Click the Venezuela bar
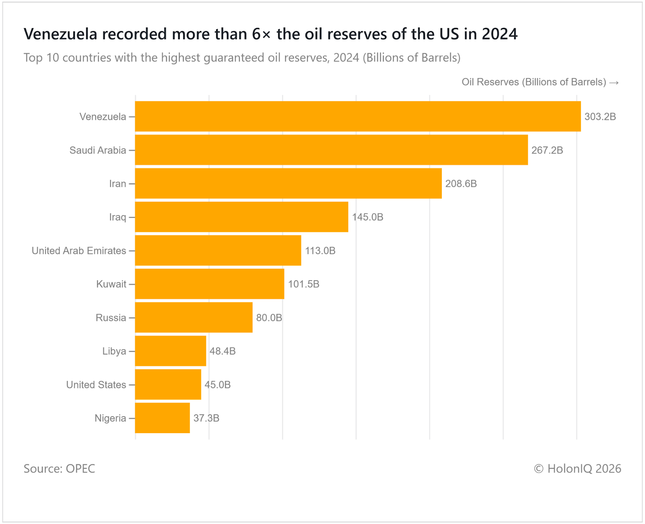tap(358, 116)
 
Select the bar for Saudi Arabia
tap(331, 150)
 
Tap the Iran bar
tap(288, 183)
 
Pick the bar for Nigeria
tap(162, 418)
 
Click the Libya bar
tap(171, 351)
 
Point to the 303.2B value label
tap(600, 117)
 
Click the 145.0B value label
tap(367, 217)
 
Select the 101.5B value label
tap(303, 284)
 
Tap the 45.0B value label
tap(217, 385)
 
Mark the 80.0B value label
tap(269, 318)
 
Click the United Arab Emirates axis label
tap(79, 251)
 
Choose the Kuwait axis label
tap(111, 284)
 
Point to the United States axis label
tap(96, 385)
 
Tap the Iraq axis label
tap(118, 217)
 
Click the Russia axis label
tap(111, 318)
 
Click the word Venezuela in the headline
tap(61, 34)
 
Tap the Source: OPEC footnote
tap(59, 468)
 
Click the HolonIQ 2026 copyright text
tap(577, 468)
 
